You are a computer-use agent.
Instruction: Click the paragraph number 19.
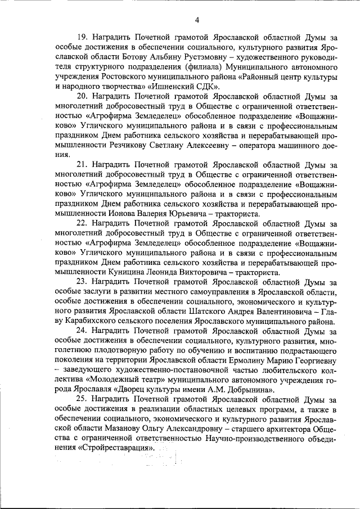[82, 38]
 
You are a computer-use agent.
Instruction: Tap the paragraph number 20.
[82, 96]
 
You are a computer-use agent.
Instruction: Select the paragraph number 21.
[82, 165]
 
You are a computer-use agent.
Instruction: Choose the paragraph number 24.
[82, 331]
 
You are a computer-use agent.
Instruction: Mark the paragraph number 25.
[82, 400]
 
